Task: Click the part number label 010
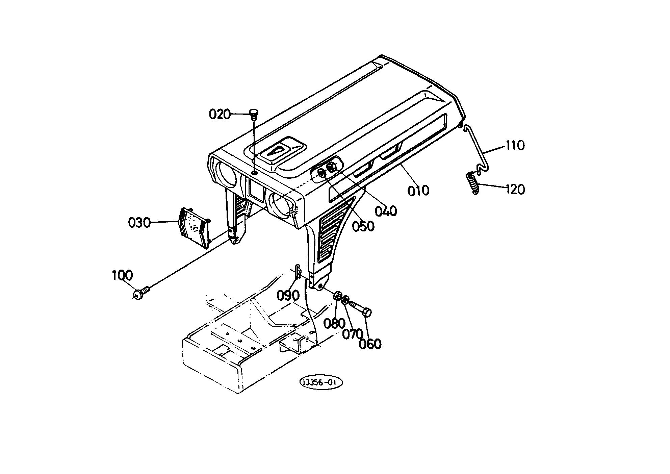coord(418,191)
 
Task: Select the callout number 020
coord(220,115)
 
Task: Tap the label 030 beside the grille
coord(139,223)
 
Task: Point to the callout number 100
coord(122,275)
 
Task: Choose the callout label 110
coord(515,146)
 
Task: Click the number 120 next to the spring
coord(515,190)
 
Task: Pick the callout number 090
coord(288,296)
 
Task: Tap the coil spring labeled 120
coord(472,183)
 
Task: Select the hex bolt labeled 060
coord(361,308)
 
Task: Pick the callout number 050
coord(363,226)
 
